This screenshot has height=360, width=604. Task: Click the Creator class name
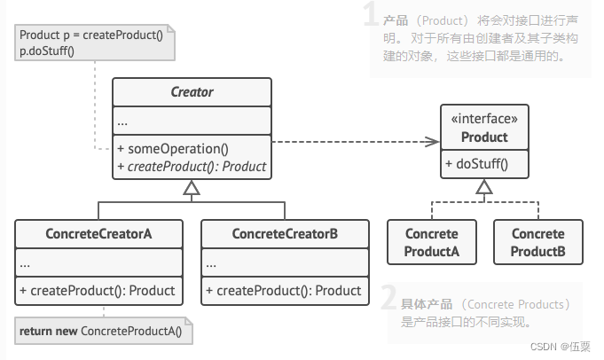[192, 92]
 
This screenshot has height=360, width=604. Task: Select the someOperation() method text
[174, 149]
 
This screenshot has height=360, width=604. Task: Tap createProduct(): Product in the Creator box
[192, 166]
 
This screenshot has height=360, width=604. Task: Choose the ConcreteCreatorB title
[284, 234]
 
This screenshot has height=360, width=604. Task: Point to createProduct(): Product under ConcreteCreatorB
[283, 290]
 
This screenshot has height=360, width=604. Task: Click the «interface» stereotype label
[484, 120]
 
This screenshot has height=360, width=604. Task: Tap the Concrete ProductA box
[432, 242]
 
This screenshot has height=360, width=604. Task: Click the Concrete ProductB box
[537, 242]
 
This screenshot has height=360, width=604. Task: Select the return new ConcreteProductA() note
[105, 332]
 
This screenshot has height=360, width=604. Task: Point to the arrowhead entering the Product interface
[435, 141]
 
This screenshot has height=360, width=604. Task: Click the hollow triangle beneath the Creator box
[192, 187]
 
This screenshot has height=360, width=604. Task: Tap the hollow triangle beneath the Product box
[483, 186]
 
